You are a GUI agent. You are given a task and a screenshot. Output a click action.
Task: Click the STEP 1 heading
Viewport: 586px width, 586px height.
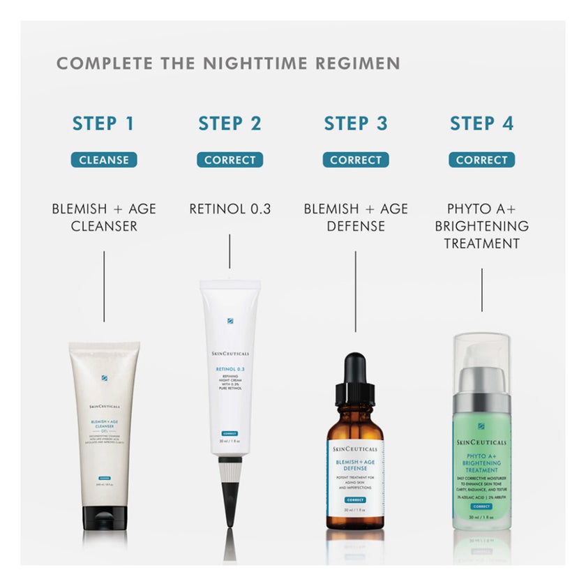pos(103,123)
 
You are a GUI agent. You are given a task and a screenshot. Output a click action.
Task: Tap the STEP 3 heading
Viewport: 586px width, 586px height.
pos(355,123)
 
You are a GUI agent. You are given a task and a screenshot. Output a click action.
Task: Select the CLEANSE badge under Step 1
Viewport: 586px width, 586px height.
pos(104,160)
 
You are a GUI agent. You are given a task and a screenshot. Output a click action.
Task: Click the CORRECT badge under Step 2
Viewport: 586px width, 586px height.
pos(230,160)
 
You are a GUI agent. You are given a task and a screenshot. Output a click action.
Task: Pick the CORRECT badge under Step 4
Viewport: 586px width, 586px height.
pos(481,160)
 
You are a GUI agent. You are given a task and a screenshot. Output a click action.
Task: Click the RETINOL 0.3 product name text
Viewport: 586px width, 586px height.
pos(230,209)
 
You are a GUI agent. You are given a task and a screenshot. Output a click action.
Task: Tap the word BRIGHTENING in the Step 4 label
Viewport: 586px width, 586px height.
pos(481,226)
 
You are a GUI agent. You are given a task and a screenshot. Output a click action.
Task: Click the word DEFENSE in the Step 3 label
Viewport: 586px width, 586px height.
pos(356,226)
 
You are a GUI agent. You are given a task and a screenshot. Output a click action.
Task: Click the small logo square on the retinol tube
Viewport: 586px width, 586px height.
pos(230,321)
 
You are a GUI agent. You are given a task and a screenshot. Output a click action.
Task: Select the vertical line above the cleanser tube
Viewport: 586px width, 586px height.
pos(104,286)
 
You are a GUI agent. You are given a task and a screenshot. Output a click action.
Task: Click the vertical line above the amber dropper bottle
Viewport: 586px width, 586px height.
pos(356,291)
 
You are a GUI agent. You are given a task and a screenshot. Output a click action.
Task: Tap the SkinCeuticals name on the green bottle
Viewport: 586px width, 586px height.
pos(481,442)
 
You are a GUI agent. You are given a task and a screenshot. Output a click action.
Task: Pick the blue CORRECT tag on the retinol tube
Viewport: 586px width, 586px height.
pos(225,434)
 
